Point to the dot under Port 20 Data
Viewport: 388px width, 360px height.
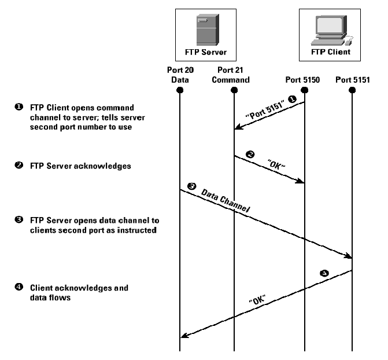180,90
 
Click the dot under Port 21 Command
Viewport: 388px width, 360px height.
234,90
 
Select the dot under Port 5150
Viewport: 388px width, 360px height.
305,90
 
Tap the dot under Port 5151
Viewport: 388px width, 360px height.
353,90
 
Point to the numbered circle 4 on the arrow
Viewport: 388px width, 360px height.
324,271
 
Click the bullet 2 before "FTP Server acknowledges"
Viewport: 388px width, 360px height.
19,166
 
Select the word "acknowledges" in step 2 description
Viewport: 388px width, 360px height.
103,166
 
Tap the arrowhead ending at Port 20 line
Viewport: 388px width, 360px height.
184,336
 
